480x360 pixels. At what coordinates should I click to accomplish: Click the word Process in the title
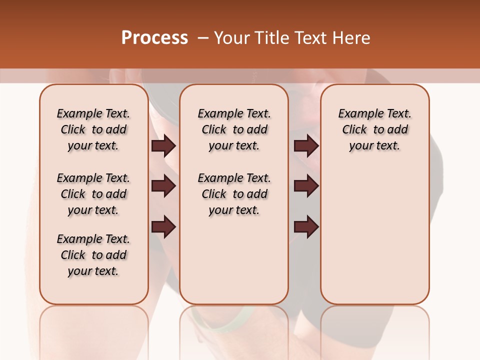tap(154, 38)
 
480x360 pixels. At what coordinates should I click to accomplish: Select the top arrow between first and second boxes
tap(163, 146)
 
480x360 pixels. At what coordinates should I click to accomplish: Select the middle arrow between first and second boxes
tap(163, 186)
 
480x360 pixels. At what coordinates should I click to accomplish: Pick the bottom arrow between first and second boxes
tap(163, 227)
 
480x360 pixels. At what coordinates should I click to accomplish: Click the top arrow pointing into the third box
tap(306, 146)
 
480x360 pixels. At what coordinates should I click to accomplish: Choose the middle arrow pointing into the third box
tap(306, 186)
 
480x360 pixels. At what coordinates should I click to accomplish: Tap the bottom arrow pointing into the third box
tap(306, 227)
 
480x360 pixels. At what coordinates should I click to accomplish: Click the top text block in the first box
tap(93, 129)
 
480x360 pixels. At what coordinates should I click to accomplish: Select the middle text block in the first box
tap(93, 194)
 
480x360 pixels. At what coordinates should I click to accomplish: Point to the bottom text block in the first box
tap(93, 255)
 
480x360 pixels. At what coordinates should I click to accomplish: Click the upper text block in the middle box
tap(234, 129)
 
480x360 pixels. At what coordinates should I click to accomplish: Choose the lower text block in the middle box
tap(234, 194)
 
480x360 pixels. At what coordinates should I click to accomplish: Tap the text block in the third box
tap(374, 129)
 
